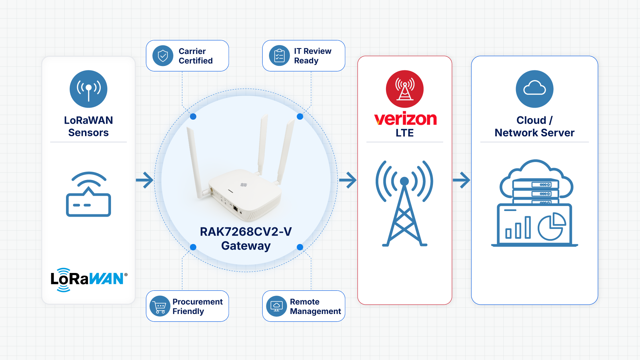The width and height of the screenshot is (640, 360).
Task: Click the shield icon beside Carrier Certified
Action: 163,56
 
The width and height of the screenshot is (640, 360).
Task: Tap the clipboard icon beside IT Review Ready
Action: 279,56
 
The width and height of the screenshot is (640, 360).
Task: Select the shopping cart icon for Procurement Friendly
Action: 160,306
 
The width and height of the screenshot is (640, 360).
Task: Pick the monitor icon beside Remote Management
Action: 277,306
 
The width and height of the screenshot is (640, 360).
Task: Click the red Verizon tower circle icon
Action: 405,89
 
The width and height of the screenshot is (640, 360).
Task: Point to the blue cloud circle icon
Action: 535,89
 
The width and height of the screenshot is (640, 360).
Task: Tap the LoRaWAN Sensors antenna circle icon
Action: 88,89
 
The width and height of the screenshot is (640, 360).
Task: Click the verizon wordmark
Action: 405,119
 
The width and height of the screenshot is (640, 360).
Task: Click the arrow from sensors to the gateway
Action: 145,180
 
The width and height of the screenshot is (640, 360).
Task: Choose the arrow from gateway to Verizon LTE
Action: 348,180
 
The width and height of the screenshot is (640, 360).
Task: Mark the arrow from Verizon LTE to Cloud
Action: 461,180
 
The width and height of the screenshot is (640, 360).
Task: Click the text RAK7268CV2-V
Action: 246,232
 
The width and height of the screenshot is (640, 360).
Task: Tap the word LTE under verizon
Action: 405,133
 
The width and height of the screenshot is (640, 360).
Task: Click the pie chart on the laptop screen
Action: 552,227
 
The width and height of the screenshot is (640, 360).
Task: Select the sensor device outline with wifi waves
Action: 88,194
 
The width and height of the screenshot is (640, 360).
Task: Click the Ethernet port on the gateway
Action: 235,209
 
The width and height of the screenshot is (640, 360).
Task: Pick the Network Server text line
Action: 535,133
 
